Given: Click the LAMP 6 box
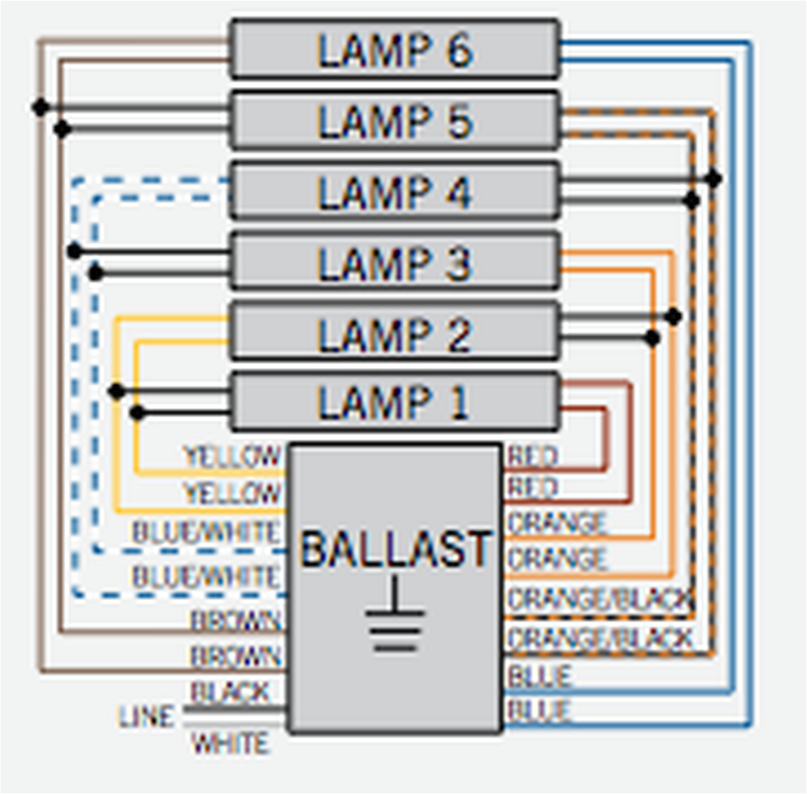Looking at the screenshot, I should [395, 49].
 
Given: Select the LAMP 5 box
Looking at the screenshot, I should [395, 120].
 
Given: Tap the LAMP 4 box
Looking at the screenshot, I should [395, 191].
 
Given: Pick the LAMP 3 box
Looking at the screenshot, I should [395, 262].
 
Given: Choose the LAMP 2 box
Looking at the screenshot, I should [395, 333].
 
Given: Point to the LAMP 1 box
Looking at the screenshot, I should [395, 402].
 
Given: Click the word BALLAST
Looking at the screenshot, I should [395, 549].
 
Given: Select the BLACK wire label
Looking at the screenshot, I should [230, 692].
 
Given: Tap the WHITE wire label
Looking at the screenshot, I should [230, 744].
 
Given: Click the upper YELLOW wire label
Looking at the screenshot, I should [231, 456].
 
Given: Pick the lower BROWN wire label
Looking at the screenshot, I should [235, 657].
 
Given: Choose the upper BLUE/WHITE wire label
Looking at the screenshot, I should [206, 533].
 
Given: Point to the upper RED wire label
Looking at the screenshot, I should [533, 456].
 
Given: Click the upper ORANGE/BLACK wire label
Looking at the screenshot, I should [600, 599].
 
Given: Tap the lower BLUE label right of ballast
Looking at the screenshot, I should [540, 711].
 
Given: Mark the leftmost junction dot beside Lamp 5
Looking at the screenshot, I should [41, 108].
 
